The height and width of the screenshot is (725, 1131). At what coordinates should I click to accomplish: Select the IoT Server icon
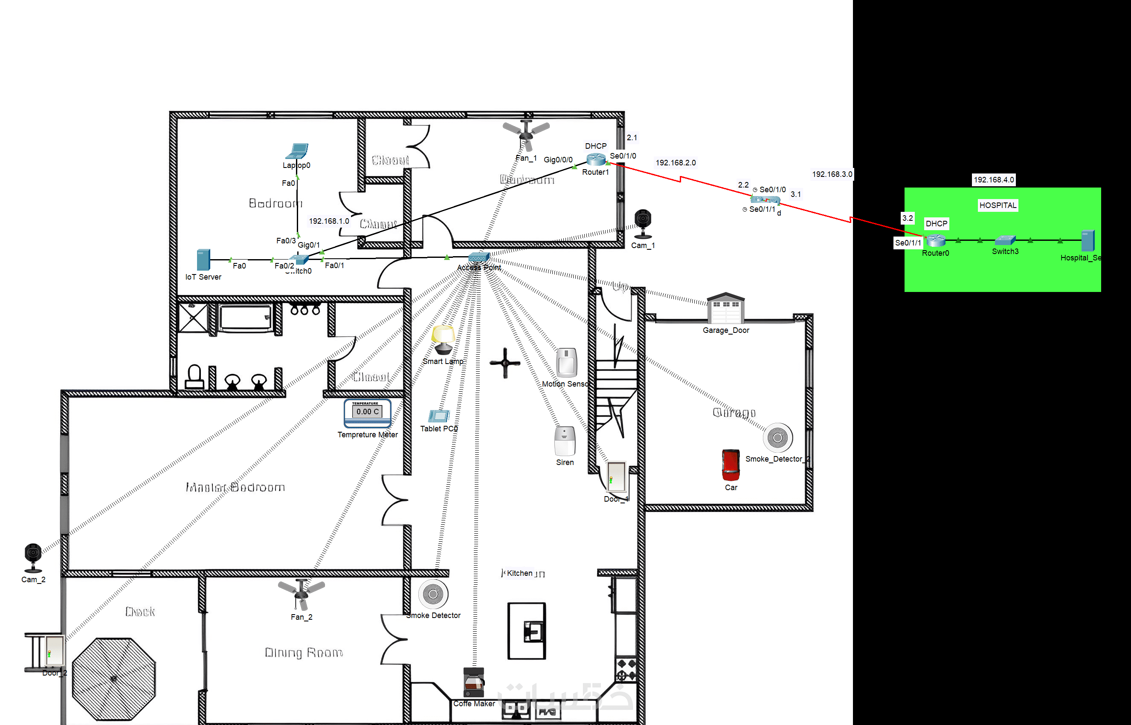(203, 260)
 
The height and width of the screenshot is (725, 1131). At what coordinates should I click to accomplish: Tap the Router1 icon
(596, 159)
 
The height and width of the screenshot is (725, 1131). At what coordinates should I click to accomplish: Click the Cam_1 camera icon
(643, 224)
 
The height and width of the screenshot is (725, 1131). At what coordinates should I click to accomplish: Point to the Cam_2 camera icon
(33, 557)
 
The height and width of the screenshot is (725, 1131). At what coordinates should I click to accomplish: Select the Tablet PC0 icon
(438, 416)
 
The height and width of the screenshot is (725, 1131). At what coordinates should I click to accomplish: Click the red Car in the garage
(731, 465)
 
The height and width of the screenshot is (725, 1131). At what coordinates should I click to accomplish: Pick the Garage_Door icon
(725, 308)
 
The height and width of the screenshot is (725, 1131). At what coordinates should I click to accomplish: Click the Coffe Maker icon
(473, 682)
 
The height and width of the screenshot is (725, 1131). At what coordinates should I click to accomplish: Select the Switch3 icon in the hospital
(1005, 240)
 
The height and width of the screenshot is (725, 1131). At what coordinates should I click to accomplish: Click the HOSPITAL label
(998, 205)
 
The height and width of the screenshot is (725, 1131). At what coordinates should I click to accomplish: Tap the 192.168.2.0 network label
(676, 163)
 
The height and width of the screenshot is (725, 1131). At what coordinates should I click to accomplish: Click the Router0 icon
(936, 240)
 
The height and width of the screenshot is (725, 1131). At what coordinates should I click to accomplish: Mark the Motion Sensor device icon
(567, 362)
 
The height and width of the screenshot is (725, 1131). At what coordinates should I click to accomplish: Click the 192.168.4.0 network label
(993, 180)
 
